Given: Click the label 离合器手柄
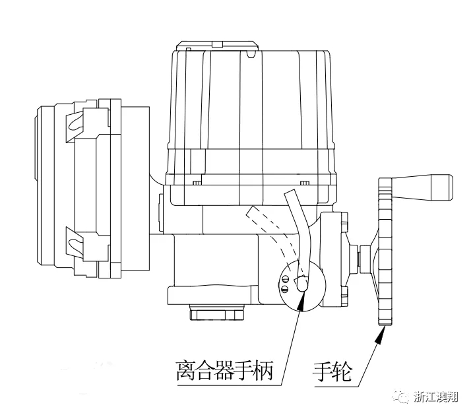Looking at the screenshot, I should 224,367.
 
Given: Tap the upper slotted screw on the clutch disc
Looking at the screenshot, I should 284,279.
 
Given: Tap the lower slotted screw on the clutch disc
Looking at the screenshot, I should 284,288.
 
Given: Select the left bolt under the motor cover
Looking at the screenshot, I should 196,182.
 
